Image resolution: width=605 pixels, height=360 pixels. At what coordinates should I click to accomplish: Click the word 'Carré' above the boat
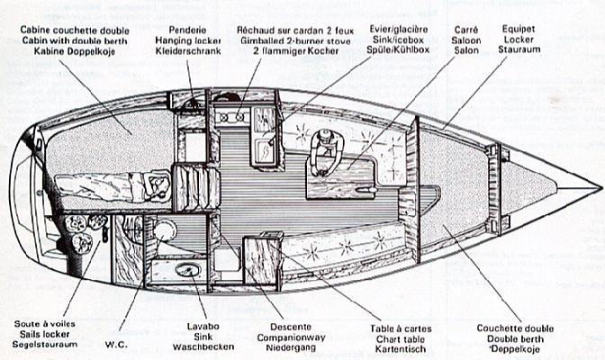[465, 29]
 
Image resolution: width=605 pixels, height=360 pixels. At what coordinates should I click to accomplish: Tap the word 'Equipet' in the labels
[519, 29]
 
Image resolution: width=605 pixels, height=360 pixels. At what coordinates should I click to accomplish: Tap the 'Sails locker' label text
[42, 334]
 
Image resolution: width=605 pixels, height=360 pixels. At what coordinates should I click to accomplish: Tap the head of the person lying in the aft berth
[158, 184]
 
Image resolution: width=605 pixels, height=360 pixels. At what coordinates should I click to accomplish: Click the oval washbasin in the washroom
[188, 269]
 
